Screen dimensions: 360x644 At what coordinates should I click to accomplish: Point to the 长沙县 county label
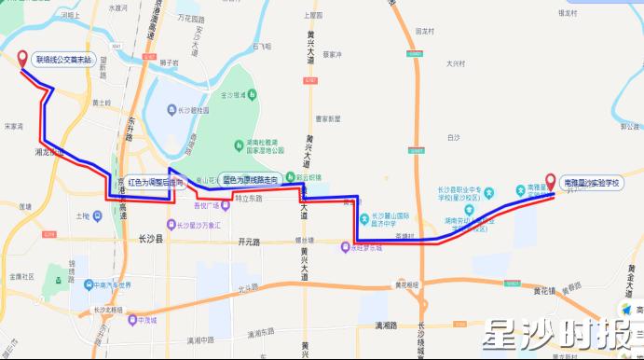(149, 240)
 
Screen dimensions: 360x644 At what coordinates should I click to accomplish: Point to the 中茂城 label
(146, 319)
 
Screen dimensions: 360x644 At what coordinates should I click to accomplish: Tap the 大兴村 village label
(455, 64)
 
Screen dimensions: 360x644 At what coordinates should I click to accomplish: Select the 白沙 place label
(453, 137)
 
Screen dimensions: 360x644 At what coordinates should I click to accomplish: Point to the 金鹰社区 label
(21, 277)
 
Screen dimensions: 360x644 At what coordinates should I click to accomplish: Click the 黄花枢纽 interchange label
(406, 284)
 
